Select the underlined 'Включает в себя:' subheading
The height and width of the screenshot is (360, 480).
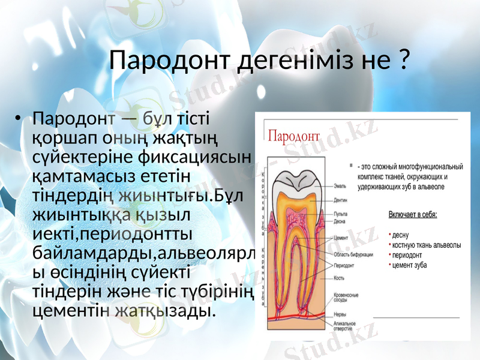point(413,214)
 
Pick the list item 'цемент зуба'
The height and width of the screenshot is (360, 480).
point(410,265)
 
